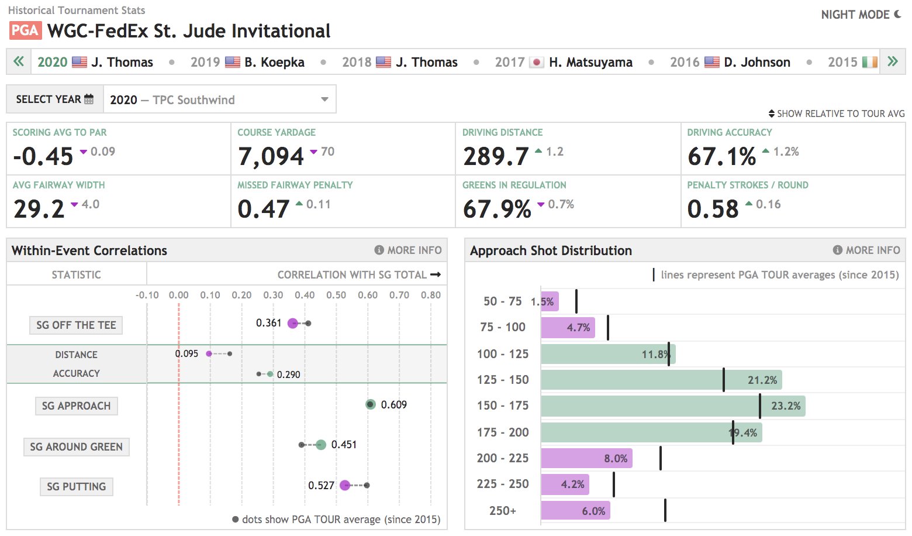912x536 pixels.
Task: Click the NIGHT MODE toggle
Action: click(x=861, y=15)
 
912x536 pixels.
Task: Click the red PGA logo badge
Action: click(x=25, y=30)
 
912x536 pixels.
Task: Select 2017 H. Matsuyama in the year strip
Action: click(x=564, y=62)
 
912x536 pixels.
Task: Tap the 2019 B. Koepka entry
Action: click(x=247, y=62)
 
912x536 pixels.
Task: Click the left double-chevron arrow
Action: click(x=19, y=61)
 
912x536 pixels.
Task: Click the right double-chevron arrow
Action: click(x=892, y=61)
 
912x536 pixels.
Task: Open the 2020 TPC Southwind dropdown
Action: click(x=219, y=99)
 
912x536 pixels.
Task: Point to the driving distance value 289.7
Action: click(x=496, y=156)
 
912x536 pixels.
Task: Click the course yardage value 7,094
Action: click(x=271, y=156)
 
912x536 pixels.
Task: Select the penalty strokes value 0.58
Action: click(x=713, y=209)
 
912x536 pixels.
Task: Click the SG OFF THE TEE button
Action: click(x=76, y=325)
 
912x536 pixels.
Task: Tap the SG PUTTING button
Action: click(x=76, y=487)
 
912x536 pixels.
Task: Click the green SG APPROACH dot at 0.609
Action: click(x=370, y=404)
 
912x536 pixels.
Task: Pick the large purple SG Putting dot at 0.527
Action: click(x=345, y=485)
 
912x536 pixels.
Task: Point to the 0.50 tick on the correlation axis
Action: click(x=336, y=295)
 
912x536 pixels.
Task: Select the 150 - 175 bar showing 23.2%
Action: click(x=672, y=406)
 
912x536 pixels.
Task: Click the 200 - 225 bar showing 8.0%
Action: click(x=586, y=458)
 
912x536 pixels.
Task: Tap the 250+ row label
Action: click(x=503, y=511)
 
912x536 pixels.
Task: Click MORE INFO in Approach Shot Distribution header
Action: click(x=866, y=250)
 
